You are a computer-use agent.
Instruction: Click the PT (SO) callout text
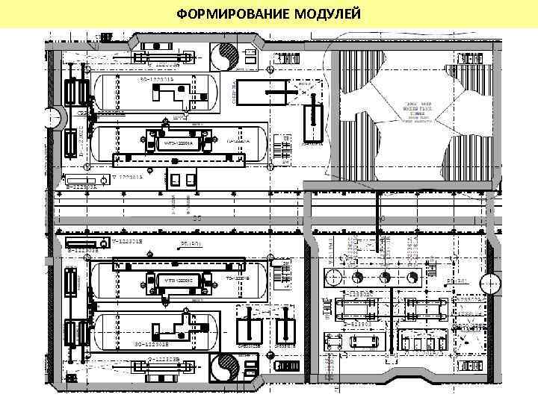191,244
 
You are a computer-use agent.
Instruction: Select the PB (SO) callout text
457,281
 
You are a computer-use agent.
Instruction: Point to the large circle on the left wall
52,117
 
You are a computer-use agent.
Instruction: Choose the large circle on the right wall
490,284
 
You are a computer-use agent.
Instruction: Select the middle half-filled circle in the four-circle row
384,277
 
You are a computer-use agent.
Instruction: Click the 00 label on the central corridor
197,219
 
